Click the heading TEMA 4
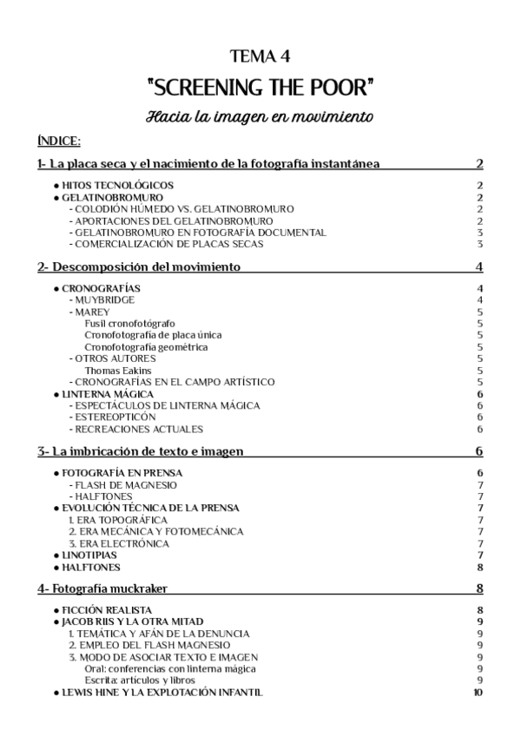(x=260, y=57)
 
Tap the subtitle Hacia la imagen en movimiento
(x=260, y=116)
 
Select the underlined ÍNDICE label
(x=59, y=141)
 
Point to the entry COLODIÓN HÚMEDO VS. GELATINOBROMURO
(x=184, y=209)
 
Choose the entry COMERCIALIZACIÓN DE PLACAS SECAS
(x=168, y=244)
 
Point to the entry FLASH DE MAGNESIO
(x=126, y=484)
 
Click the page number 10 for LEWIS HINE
(x=478, y=692)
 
